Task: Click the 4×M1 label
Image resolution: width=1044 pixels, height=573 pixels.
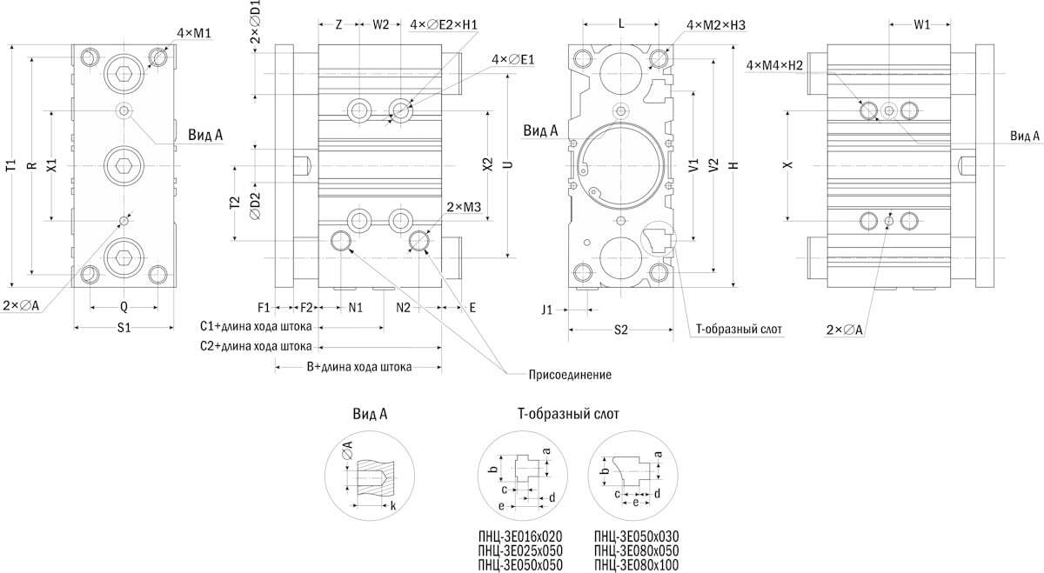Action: coord(195,33)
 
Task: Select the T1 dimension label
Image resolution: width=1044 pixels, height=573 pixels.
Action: coord(10,164)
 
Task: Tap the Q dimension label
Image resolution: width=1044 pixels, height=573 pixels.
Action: coord(124,306)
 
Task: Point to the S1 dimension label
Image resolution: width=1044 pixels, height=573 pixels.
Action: coord(124,328)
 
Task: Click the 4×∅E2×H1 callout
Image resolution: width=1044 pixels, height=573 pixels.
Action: coord(444,25)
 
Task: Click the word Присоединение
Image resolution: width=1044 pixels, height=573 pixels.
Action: coord(570,375)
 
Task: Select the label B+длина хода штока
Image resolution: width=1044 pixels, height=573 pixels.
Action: coord(358,367)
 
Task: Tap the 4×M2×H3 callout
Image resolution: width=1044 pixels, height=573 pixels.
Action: coord(716,25)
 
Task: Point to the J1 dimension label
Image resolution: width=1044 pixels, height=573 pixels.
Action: coord(546,308)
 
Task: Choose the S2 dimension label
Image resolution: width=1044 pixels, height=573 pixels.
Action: coord(620,330)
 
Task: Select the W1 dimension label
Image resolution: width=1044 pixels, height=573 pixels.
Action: coord(921,25)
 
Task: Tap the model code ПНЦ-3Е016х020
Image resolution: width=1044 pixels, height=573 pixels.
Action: coord(520,536)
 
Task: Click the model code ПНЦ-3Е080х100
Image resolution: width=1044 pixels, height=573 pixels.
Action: coord(636,565)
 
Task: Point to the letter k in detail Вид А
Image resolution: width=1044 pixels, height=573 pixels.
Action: coord(393,505)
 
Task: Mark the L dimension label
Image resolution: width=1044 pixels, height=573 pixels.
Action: coord(620,25)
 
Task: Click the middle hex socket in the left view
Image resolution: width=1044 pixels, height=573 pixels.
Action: coord(124,164)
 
